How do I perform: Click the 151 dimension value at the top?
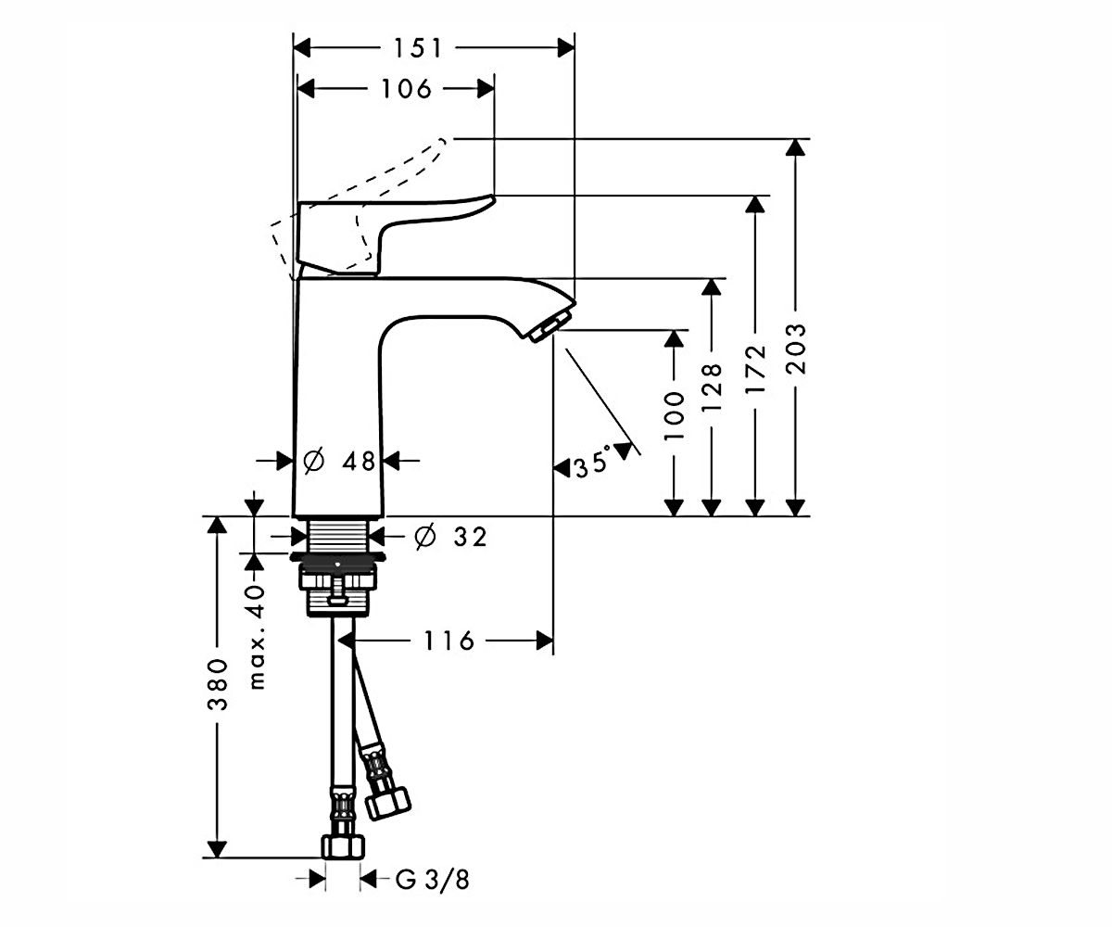[x=418, y=48]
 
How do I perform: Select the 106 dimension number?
[x=407, y=89]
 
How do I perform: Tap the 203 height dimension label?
[x=797, y=349]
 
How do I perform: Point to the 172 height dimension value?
[x=754, y=369]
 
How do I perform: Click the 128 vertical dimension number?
[x=712, y=387]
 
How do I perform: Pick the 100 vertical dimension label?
[x=674, y=416]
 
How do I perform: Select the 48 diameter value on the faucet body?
[x=359, y=461]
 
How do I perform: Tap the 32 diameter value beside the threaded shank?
[x=470, y=537]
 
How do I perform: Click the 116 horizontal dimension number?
[x=449, y=641]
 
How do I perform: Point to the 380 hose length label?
[x=217, y=685]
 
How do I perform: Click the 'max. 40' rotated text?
[x=257, y=637]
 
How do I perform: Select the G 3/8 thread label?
[x=433, y=880]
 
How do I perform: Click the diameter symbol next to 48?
[x=314, y=461]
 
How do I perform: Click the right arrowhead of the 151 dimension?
[x=566, y=48]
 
